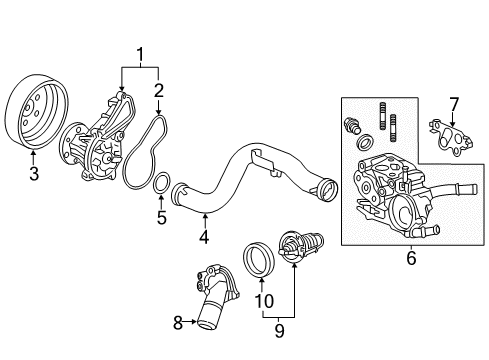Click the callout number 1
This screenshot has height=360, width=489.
pos(140,54)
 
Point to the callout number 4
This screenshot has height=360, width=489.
pos(204,237)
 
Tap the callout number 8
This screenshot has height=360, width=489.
pos(179,322)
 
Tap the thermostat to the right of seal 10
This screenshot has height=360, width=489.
pos(298,249)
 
